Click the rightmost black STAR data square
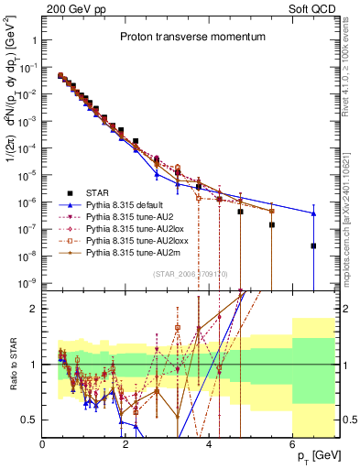click(x=313, y=245)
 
